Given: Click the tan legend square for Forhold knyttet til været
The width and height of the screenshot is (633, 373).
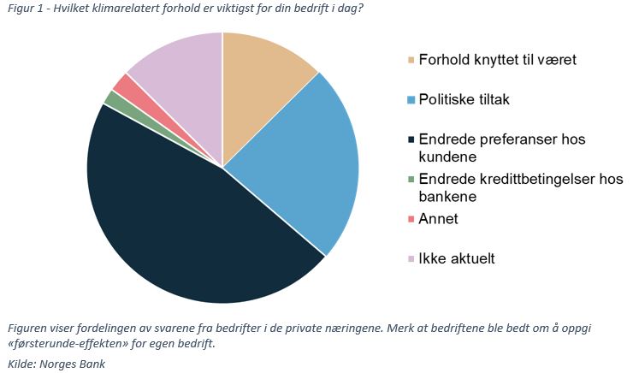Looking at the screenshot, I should click(411, 60).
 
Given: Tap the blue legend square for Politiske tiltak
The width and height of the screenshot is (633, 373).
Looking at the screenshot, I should click(411, 100).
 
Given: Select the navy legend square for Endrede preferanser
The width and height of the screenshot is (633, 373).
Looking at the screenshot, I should click(411, 139).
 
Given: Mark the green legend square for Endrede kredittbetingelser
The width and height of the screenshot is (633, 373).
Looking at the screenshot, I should click(411, 180).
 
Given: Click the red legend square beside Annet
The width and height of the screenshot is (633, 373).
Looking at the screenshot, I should click(411, 219).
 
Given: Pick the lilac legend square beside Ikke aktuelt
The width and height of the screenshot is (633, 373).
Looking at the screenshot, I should click(411, 258).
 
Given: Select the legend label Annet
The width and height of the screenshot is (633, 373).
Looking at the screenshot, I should click(438, 219).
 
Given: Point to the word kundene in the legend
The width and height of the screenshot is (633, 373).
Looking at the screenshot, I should click(446, 157).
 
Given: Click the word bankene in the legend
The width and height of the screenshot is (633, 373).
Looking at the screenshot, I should click(447, 197).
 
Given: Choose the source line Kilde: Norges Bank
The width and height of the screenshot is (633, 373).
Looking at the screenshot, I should click(56, 364).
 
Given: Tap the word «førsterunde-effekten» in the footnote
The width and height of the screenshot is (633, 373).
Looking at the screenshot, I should click(60, 344).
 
